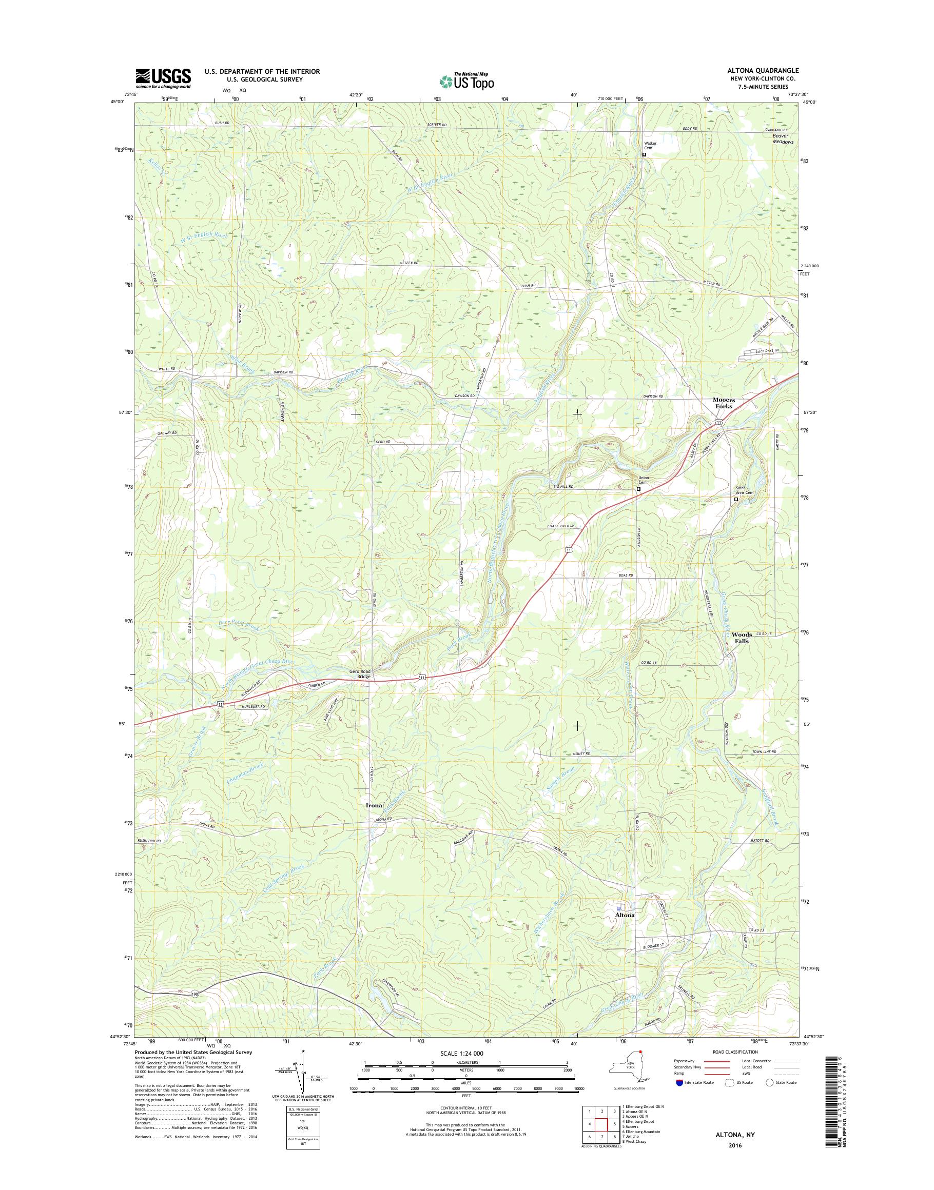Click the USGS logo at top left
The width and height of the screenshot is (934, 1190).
point(164,78)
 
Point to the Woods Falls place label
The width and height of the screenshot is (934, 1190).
point(742,638)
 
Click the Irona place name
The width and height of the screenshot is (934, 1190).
point(374,806)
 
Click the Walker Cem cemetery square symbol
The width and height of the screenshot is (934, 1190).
point(644,155)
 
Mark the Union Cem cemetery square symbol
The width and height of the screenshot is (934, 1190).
point(638,489)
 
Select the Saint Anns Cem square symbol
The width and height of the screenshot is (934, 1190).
point(735,499)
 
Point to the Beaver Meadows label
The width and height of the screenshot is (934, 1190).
point(783,139)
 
